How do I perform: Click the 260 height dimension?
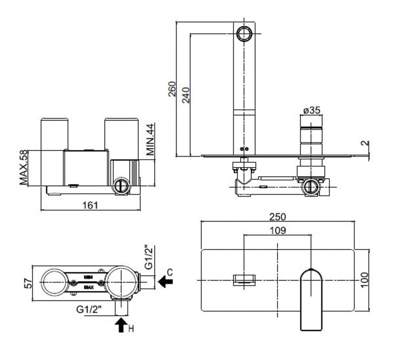(x=172, y=89)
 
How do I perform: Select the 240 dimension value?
(x=186, y=94)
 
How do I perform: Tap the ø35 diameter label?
(x=312, y=110)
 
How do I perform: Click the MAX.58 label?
(x=24, y=167)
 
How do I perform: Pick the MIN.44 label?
(x=151, y=139)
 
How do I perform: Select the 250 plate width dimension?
(x=278, y=216)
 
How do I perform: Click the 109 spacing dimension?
(x=278, y=230)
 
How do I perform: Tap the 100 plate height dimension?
(x=364, y=280)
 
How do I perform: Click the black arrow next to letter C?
(x=166, y=281)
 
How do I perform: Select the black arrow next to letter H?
(x=121, y=324)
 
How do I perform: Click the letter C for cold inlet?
(x=169, y=271)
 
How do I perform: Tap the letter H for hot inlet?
(x=131, y=329)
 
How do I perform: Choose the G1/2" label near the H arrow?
(x=89, y=310)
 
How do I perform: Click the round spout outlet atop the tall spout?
(x=244, y=33)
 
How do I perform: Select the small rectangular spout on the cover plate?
(x=244, y=280)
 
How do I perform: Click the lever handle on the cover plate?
(x=312, y=299)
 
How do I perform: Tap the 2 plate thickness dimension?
(x=364, y=143)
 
